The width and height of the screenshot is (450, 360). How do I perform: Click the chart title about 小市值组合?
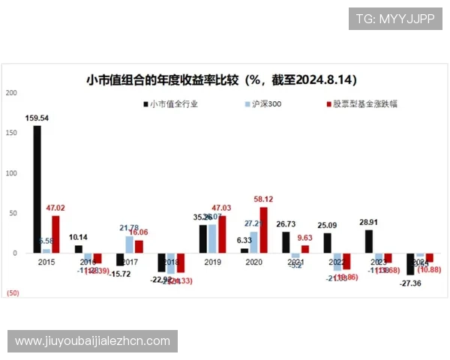pos(220,79)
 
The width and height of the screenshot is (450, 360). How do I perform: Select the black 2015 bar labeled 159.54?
pos(37,189)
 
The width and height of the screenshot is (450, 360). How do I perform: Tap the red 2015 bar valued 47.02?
pos(55,234)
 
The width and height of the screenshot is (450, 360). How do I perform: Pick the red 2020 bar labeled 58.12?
pos(263,229)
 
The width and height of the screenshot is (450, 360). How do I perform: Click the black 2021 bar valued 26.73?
pos(286,242)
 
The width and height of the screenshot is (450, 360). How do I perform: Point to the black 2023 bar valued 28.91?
pos(369,241)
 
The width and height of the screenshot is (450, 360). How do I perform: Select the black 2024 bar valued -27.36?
pos(410,264)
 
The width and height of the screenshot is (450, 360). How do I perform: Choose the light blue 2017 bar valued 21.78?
pos(130,244)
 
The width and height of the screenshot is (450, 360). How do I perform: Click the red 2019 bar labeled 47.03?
pos(222,234)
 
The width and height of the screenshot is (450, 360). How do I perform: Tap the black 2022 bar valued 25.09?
pos(327,243)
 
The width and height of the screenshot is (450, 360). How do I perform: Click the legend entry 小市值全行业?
pos(173,104)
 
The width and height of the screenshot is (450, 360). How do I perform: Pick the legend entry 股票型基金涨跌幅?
pos(361,104)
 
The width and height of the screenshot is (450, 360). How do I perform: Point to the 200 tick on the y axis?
pos(10,92)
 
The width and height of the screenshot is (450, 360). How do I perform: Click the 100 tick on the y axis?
pos(10,173)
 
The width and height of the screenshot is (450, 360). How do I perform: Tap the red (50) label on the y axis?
pos(13,292)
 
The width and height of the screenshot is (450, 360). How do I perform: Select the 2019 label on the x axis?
pos(212,262)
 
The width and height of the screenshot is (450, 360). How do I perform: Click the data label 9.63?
pos(304,237)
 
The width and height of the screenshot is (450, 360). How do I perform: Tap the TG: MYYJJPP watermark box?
pos(395,19)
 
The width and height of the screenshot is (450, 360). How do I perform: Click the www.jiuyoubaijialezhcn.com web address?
pos(93,341)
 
